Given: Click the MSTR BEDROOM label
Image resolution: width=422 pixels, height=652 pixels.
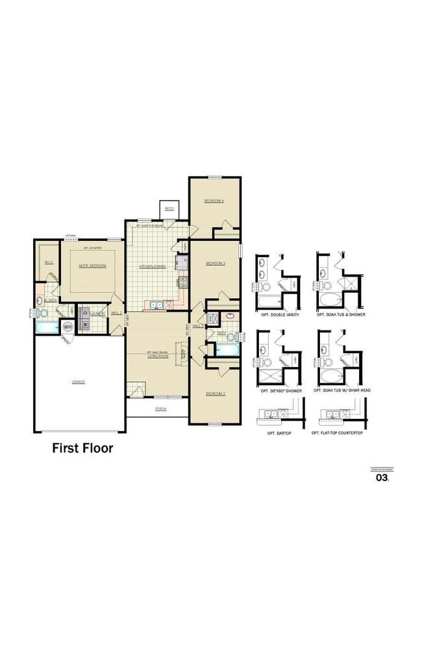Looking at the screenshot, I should coord(92,266).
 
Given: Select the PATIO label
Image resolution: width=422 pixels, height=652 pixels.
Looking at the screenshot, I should coord(169,208).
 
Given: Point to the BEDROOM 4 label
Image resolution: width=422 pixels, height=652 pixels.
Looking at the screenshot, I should coord(214,201).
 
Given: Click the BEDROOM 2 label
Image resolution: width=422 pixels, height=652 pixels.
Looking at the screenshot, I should coord(216,394).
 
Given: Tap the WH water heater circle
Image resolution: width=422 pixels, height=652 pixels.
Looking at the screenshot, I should coord(68,327).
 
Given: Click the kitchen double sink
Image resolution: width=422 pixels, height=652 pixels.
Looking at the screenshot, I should coord(156,305).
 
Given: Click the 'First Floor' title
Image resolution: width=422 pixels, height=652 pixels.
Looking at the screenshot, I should coord(82,448).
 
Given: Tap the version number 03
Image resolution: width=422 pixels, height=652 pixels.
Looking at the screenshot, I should coord(382,478).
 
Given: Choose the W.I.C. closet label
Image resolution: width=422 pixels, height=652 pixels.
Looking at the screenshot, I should coord(49,262).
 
